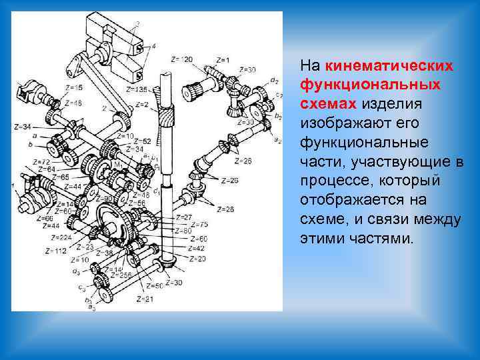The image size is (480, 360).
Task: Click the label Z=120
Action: [181, 60]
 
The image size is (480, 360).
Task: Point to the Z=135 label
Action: [137, 89]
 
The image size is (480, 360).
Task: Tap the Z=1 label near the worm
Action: [223, 61]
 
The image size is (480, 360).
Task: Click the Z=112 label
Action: [56, 251]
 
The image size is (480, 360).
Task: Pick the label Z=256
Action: [121, 275]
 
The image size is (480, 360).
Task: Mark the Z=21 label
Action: [145, 299]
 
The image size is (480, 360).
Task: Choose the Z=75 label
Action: [199, 224]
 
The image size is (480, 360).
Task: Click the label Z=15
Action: [75, 87]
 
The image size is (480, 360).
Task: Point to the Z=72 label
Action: [42, 162]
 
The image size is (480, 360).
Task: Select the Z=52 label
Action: [142, 141]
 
